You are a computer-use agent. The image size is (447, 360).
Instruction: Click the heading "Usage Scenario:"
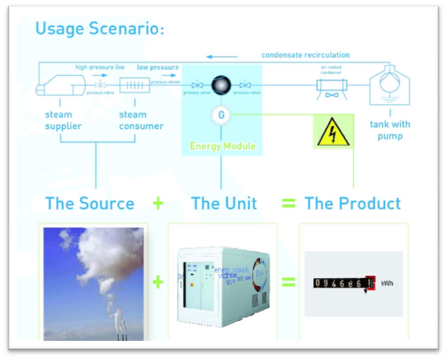(99, 29)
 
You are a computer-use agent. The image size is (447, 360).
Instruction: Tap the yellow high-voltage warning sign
(333, 132)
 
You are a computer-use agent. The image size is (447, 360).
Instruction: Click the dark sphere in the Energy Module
(221, 84)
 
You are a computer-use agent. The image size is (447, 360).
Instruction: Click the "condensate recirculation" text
(306, 55)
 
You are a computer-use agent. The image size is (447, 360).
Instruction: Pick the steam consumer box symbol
(134, 86)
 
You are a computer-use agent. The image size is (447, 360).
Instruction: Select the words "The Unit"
(224, 204)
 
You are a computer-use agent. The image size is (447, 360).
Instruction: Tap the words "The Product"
(353, 204)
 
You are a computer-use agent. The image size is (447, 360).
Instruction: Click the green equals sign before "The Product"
(289, 204)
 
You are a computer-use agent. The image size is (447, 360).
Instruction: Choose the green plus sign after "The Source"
(158, 204)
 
